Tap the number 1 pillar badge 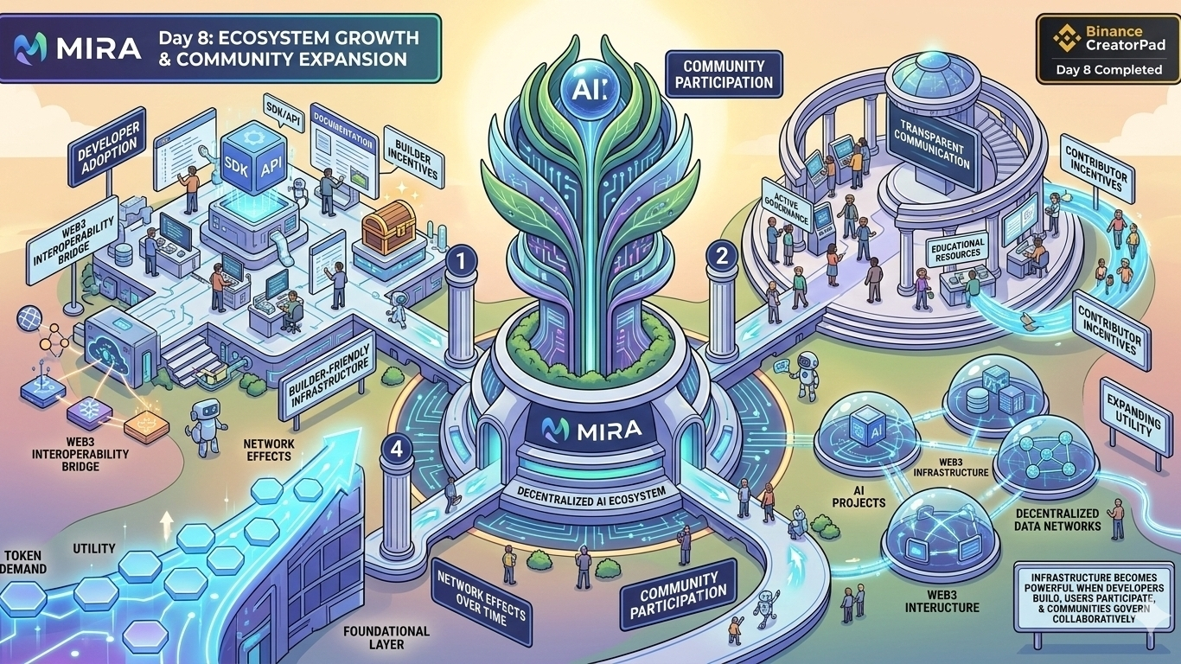pos(463,259)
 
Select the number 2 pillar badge pos(720,254)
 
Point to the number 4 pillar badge pos(396,450)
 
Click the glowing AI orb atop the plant pos(590,88)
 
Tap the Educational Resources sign pos(957,251)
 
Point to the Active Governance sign pos(788,205)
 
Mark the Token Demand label pos(23,562)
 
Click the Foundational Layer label pos(386,638)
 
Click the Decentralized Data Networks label pos(1057,519)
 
